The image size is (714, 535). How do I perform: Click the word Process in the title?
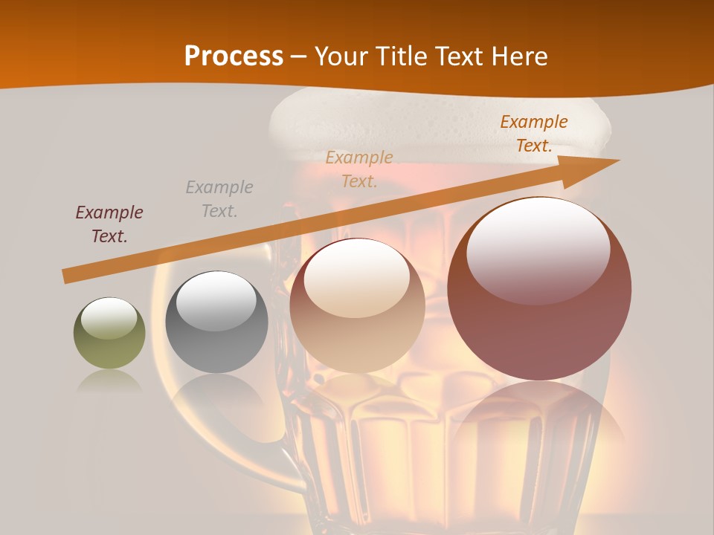click(x=234, y=56)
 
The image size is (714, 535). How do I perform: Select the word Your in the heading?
click(x=343, y=56)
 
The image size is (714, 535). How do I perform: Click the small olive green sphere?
click(x=109, y=333)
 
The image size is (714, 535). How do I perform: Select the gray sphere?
click(x=216, y=322)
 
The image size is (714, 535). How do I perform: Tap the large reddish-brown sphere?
click(x=539, y=290)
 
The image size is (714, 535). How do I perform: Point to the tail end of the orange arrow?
click(x=65, y=276)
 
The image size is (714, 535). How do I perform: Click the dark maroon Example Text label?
click(x=109, y=224)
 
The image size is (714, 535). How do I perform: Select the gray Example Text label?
click(x=219, y=199)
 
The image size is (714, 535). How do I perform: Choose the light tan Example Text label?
click(x=359, y=169)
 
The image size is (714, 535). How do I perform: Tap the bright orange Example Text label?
click(x=533, y=134)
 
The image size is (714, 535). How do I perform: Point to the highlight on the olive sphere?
click(x=109, y=317)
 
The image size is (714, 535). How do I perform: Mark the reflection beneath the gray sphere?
click(x=216, y=394)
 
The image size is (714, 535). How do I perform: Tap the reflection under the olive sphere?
click(x=109, y=381)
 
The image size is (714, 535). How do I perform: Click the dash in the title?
click(x=299, y=56)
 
